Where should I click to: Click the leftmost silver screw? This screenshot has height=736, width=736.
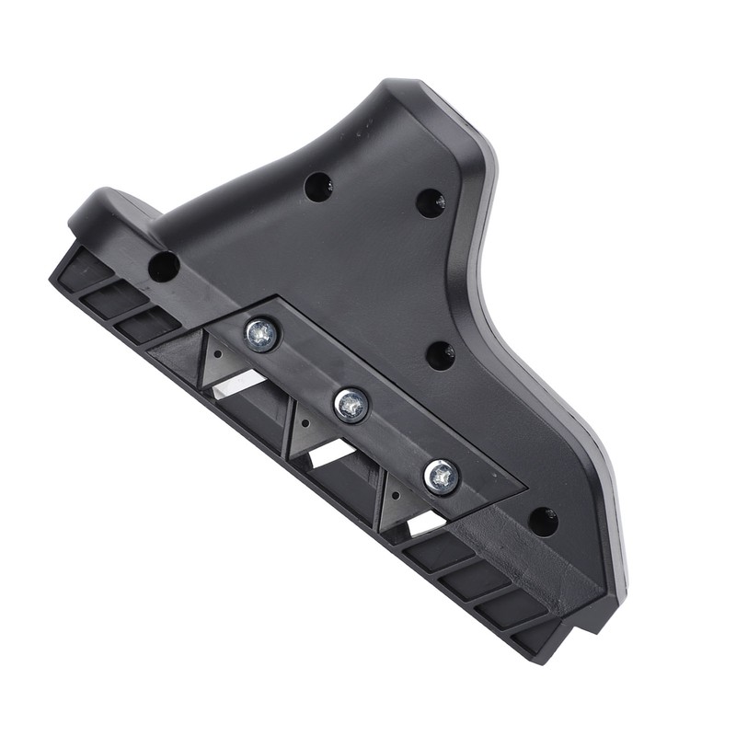tap(261, 335)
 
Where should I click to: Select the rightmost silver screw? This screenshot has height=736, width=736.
tap(441, 475)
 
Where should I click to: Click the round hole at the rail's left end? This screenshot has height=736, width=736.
tap(163, 267)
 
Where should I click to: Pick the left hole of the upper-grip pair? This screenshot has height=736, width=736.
tap(318, 188)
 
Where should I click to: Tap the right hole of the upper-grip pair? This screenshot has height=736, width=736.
tap(430, 203)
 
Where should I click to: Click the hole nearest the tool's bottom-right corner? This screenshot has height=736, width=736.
tap(544, 520)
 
